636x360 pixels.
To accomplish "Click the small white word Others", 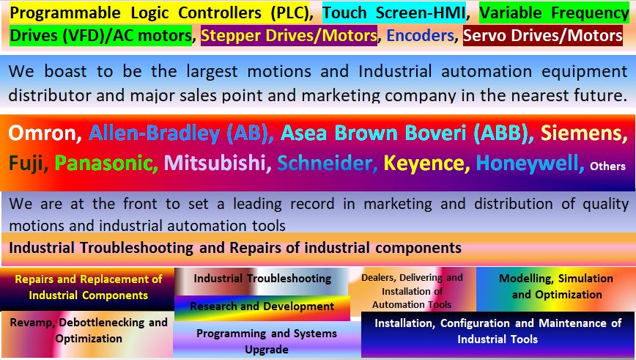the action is (x=607, y=166).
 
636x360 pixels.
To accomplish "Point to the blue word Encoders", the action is (x=420, y=35).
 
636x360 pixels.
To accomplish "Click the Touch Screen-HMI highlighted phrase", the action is (x=394, y=12).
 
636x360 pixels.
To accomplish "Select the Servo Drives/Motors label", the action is (x=543, y=35).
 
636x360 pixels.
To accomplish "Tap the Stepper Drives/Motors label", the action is (x=289, y=35).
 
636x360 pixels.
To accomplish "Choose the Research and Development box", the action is (x=262, y=307).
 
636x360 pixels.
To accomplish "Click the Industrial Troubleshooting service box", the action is (x=262, y=281).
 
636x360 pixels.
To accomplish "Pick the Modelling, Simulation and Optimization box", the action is (x=556, y=289).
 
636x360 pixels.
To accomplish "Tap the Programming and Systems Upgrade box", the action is (x=267, y=341).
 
